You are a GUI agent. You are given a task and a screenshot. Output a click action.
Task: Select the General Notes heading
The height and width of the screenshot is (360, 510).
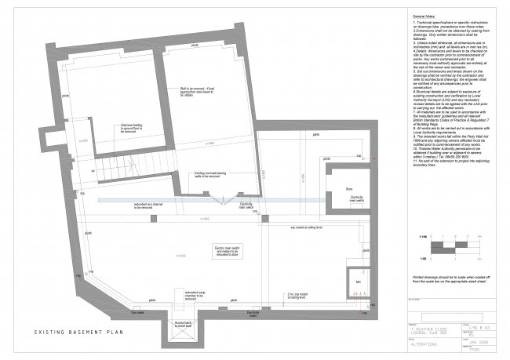click(x=424, y=16)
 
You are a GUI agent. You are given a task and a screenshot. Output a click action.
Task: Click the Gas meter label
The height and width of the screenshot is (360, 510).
click(x=139, y=311)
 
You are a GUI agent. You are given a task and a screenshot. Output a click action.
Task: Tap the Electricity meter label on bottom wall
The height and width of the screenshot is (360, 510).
click(x=253, y=312)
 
